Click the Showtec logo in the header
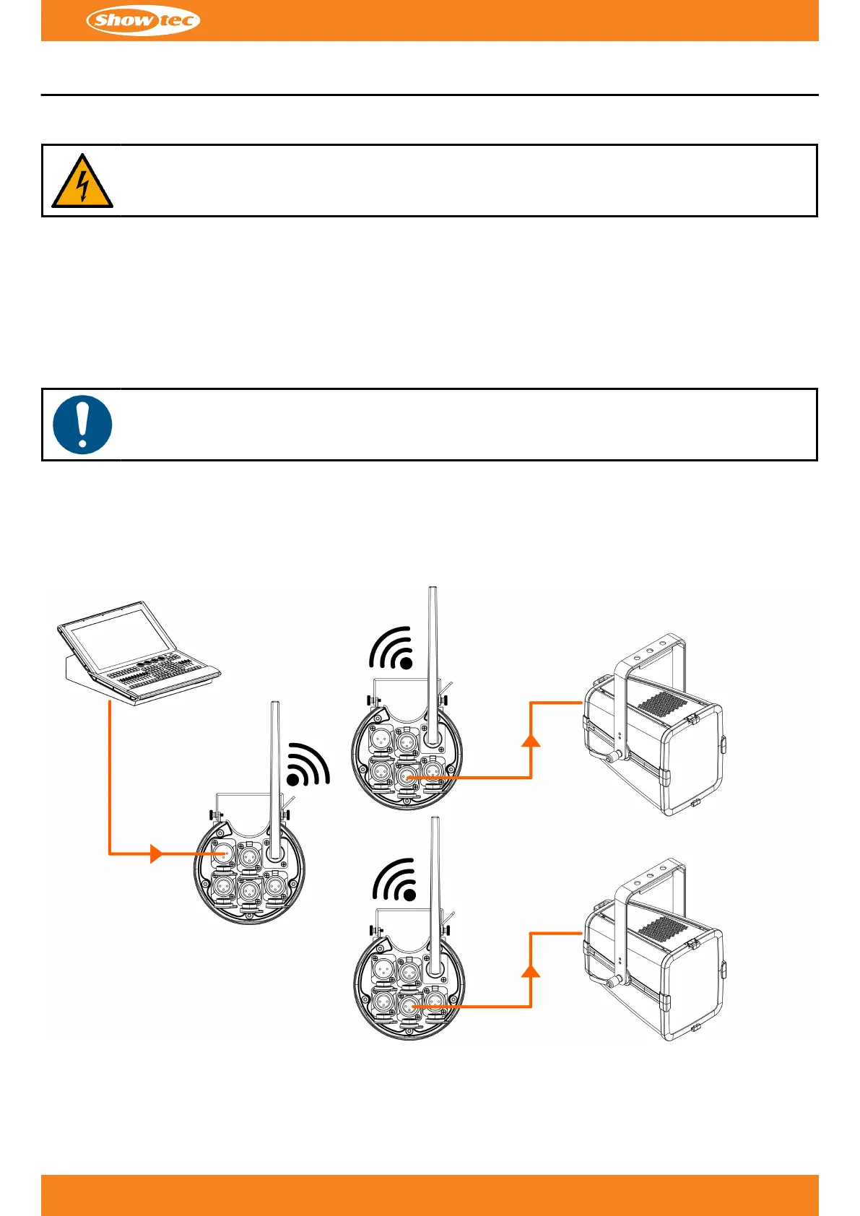coord(143,20)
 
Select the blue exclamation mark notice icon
coord(82,425)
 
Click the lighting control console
coord(139,653)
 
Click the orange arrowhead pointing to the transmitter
coord(156,854)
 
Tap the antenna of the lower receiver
coord(435,895)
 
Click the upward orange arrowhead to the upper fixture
coord(531,739)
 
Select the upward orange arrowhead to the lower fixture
coord(531,970)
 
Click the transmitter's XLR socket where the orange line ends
coord(223,854)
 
